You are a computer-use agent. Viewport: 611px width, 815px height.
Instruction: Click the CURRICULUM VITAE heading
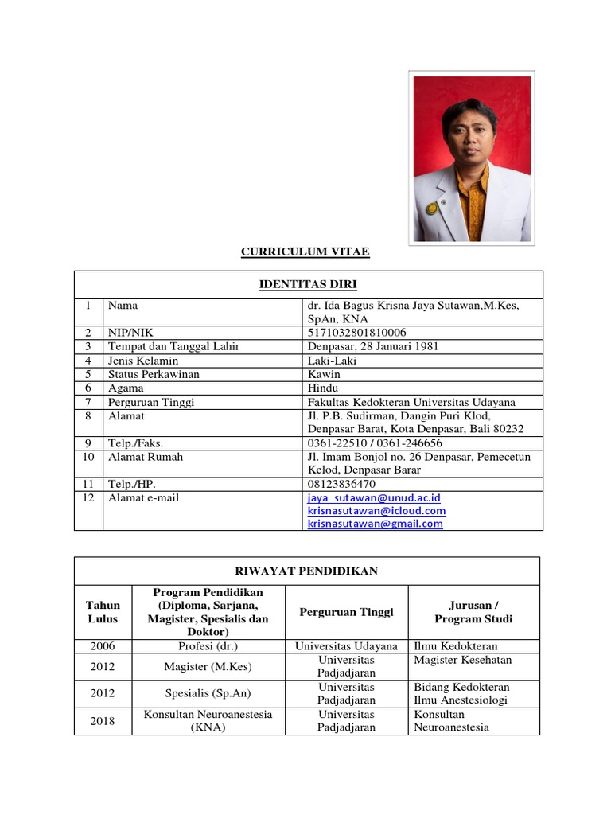pos(305,252)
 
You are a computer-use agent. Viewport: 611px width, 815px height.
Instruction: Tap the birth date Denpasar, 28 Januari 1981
pos(373,346)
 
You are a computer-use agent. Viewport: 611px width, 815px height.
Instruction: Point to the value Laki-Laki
pos(332,361)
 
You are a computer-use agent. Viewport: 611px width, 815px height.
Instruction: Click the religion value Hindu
pos(323,388)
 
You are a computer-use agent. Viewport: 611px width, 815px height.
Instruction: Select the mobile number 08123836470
pos(341,484)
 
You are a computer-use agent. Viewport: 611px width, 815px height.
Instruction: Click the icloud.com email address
pos(376,511)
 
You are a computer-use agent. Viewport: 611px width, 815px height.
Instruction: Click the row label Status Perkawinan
pos(154,374)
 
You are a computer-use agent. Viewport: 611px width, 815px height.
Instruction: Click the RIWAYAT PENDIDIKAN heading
pos(306,571)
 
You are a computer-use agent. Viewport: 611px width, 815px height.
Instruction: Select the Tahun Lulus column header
pos(103,612)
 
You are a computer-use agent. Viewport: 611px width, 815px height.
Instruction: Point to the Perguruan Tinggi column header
pos(346,612)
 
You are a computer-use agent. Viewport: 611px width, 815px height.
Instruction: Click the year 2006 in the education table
pos(103,646)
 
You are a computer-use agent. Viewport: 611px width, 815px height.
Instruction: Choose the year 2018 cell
pos(103,721)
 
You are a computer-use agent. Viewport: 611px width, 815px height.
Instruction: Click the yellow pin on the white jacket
pos(432,209)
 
